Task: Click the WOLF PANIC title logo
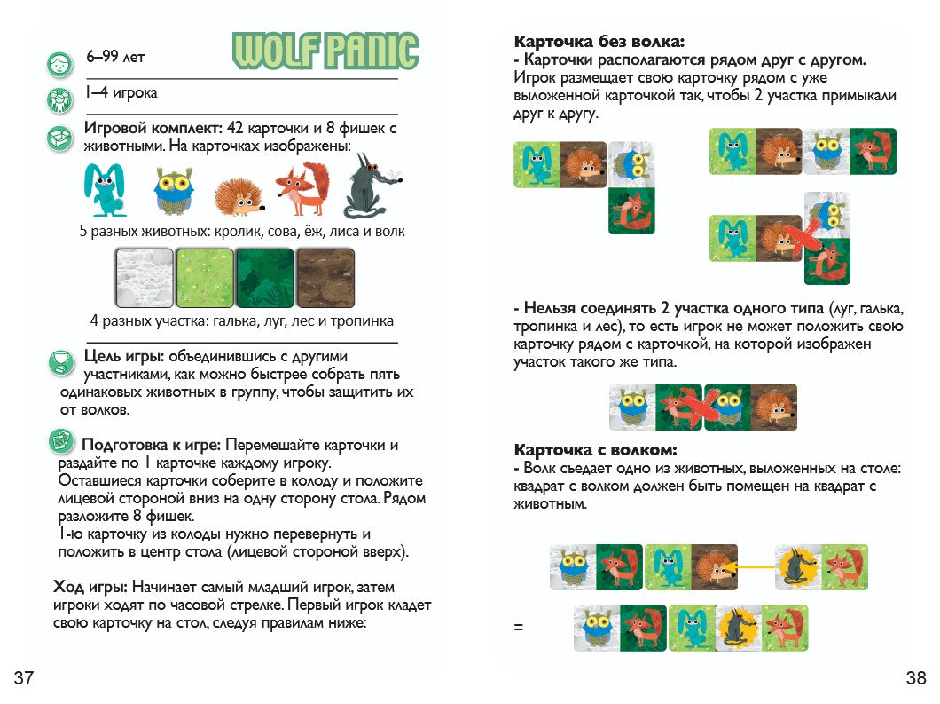pyautogui.click(x=325, y=51)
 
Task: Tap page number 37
pyautogui.click(x=24, y=679)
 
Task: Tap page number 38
pyautogui.click(x=916, y=679)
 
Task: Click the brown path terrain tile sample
pyautogui.click(x=325, y=276)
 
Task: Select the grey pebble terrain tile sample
pyautogui.click(x=144, y=276)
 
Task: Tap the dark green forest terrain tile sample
pyautogui.click(x=264, y=276)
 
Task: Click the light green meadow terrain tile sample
pyautogui.click(x=204, y=276)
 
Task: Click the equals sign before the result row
pyautogui.click(x=519, y=628)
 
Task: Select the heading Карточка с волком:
pyautogui.click(x=595, y=449)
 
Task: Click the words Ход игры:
pyautogui.click(x=92, y=587)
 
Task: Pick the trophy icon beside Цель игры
pyautogui.click(x=59, y=361)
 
